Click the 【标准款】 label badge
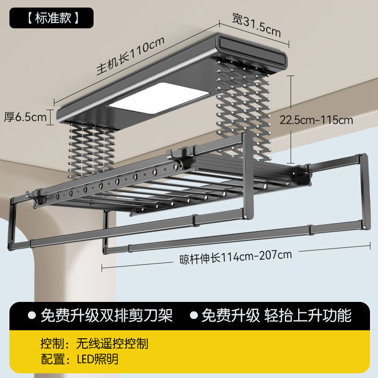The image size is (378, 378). click(52, 18)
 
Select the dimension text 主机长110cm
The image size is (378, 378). click(130, 56)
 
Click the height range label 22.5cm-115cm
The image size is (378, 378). click(316, 120)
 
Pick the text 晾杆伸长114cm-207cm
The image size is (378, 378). click(235, 256)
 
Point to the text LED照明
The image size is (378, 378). click(98, 359)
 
